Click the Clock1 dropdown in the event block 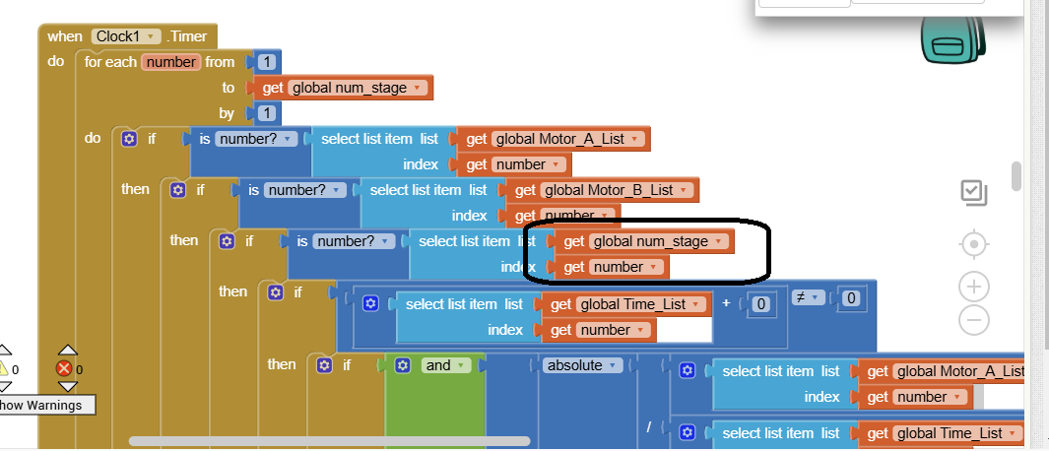point(126,36)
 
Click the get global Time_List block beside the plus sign point(626,304)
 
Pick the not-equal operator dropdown point(808,298)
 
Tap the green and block point(442,365)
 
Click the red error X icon point(65,368)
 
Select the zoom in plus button point(973,287)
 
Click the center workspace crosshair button point(973,243)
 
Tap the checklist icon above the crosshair point(973,193)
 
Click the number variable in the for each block point(170,62)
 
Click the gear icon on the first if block point(129,139)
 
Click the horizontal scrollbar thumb point(329,441)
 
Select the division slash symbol point(650,426)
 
